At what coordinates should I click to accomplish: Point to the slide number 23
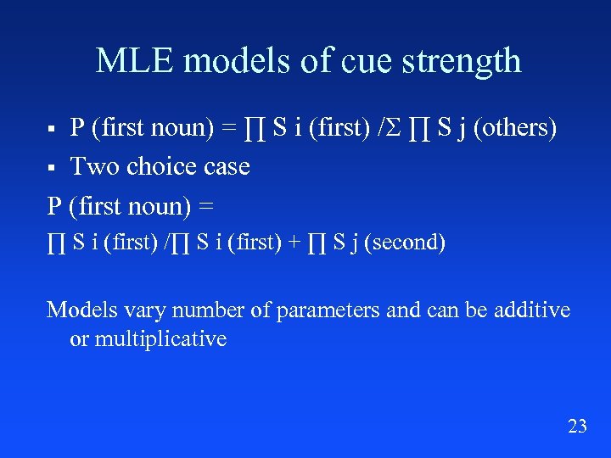[577, 426]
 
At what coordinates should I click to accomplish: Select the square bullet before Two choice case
[52, 167]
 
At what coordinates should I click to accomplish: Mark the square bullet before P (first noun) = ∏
[52, 129]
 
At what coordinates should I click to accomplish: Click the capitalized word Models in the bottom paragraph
[82, 310]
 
